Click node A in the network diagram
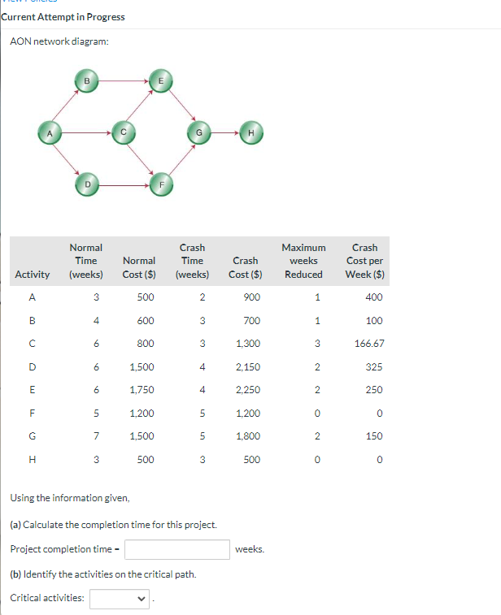50,132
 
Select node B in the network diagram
87,80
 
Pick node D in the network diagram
87,185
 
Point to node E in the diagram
160,80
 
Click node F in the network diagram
161,185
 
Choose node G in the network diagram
198,132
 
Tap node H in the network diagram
250,132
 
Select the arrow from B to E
124,80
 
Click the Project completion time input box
176,549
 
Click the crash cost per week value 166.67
368,344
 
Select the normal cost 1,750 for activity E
142,390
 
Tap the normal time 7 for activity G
97,436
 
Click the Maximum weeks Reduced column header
303,261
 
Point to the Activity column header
33,275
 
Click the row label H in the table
33,459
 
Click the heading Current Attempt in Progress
63,17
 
